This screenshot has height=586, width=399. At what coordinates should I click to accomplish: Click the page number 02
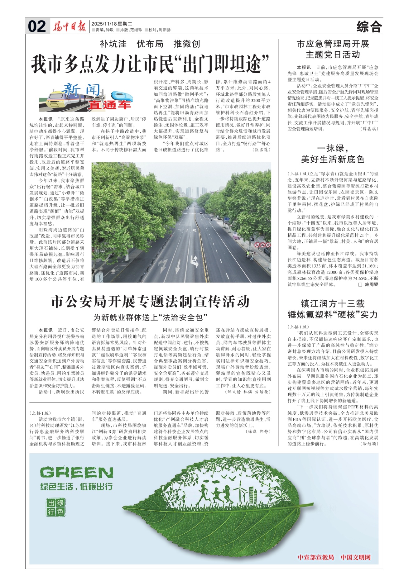[37, 26]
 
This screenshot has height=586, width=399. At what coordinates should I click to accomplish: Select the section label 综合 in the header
[369, 27]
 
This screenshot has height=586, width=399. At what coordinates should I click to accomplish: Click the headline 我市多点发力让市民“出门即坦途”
[150, 64]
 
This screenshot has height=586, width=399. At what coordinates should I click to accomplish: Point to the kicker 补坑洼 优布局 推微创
[150, 44]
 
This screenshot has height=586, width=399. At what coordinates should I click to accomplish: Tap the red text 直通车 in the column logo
[109, 105]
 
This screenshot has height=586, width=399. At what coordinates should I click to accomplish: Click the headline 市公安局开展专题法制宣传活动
[150, 302]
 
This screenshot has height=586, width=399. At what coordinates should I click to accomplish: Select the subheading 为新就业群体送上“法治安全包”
[150, 317]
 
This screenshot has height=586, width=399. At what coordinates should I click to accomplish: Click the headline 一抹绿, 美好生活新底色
[333, 154]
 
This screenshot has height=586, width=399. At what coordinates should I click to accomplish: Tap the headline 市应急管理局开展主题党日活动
[333, 49]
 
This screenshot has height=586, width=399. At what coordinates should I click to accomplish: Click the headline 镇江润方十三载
[333, 303]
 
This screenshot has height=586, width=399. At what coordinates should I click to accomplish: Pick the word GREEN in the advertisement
[76, 473]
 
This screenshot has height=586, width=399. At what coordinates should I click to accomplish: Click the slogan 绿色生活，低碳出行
[76, 487]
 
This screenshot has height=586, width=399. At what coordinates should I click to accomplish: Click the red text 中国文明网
[355, 557]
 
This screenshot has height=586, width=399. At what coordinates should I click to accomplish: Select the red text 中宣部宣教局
[315, 557]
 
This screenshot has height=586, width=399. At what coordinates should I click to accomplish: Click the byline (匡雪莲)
[261, 150]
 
